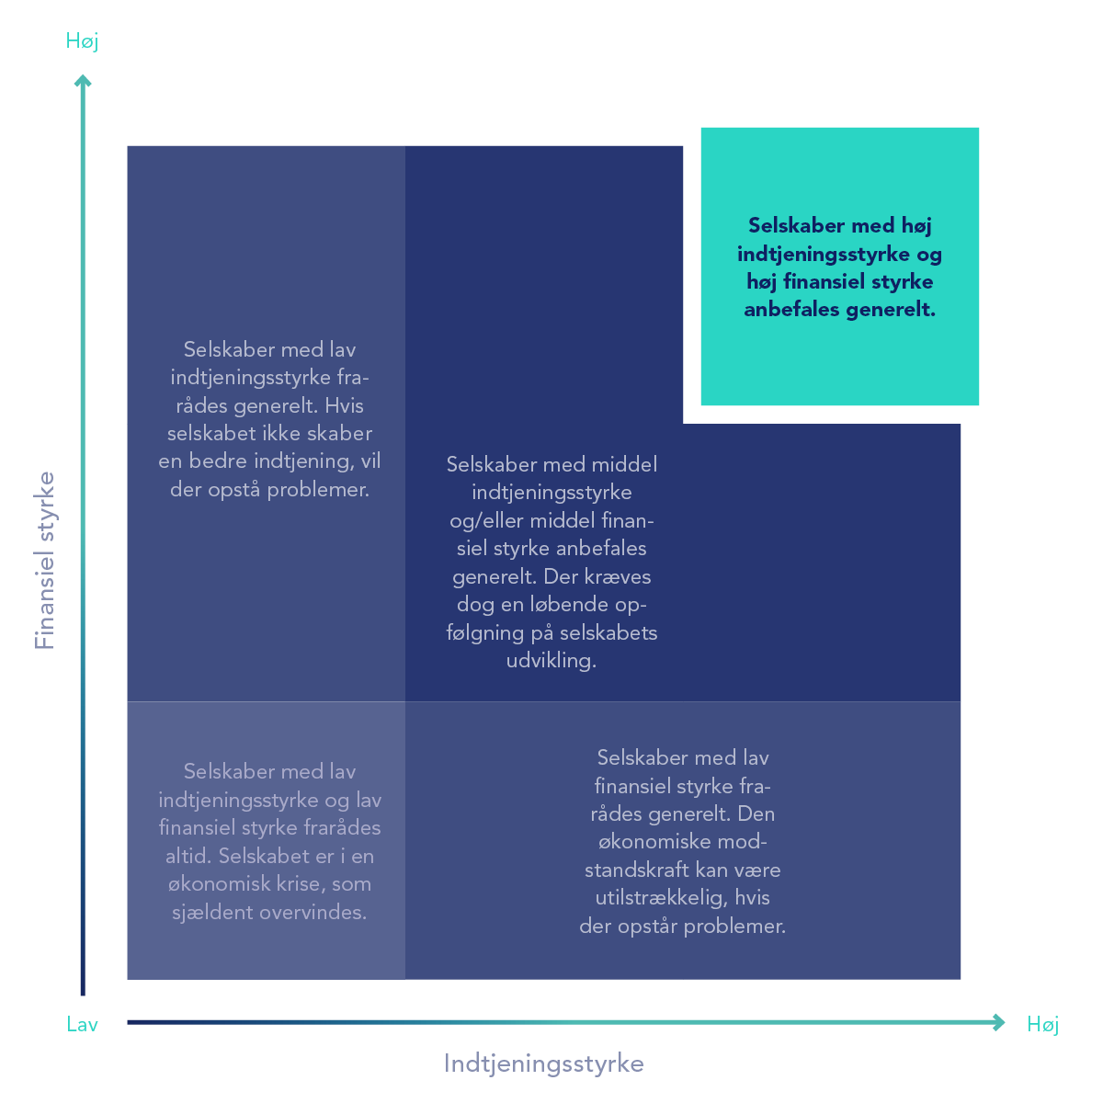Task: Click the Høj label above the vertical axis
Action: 82,41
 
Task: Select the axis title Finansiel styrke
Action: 44,561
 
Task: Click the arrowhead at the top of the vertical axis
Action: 83,81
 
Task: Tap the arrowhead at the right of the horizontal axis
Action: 999,1023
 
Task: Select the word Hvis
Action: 344,406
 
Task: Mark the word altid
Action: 188,857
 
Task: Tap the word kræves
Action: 618,577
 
